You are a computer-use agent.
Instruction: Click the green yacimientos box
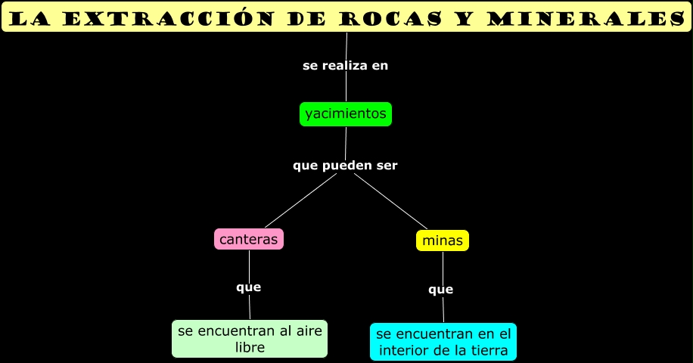point(346,114)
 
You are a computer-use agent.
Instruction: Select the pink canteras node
point(249,239)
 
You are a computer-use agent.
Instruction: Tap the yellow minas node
point(443,240)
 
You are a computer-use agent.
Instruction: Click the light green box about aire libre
point(250,339)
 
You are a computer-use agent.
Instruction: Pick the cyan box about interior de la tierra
point(443,342)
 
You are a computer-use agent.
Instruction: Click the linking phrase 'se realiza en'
point(345,66)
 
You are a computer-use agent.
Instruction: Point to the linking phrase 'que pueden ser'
point(345,165)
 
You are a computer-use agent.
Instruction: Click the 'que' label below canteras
point(248,287)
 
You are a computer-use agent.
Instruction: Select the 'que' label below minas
point(440,290)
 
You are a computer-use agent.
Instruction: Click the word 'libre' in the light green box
point(250,348)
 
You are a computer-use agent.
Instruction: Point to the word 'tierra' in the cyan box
point(489,350)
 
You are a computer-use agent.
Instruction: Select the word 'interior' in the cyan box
point(402,350)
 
